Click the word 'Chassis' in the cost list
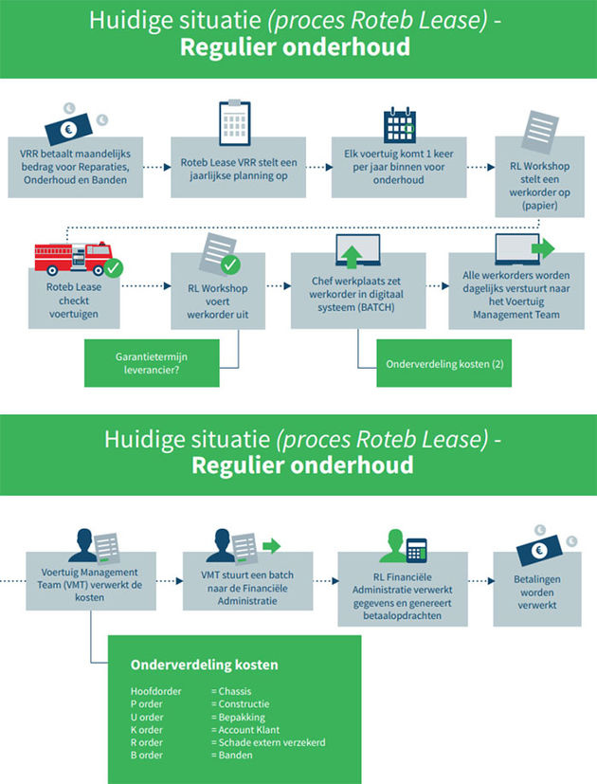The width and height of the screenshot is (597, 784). (235, 691)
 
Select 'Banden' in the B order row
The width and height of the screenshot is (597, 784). (233, 756)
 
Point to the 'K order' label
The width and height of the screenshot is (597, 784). (148, 730)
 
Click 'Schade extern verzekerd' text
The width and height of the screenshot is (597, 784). (272, 742)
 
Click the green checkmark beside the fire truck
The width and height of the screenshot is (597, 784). (113, 267)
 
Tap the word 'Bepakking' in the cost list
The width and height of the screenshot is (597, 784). (240, 717)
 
